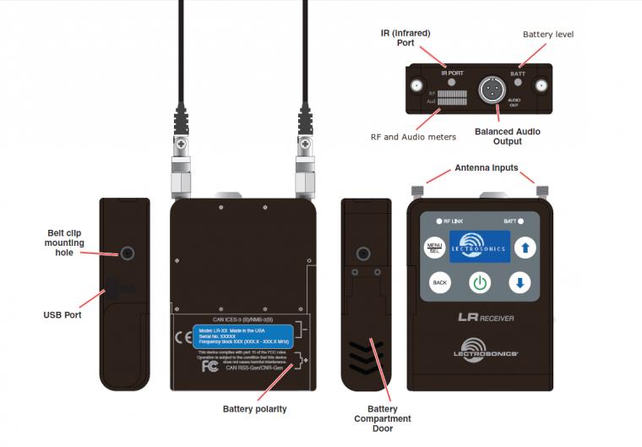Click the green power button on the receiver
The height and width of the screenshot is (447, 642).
tap(480, 283)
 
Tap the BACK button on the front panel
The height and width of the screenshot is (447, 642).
tap(438, 283)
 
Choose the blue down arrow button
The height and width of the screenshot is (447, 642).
tap(520, 283)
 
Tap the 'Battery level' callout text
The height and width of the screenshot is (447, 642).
tap(547, 35)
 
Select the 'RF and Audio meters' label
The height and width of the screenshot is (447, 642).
tap(413, 137)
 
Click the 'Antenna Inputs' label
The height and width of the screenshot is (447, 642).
tap(486, 167)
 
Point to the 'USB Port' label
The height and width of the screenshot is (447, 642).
tap(63, 315)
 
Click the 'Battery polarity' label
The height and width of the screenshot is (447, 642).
tap(254, 409)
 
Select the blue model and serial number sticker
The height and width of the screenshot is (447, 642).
tap(243, 335)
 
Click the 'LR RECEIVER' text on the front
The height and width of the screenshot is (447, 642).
tap(486, 318)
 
